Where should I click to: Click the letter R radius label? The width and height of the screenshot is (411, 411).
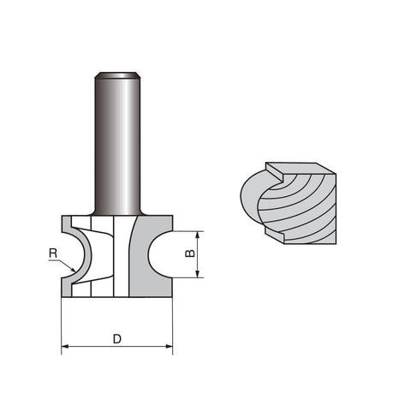(x=53, y=253)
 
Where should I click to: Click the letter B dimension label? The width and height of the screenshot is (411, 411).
(x=190, y=253)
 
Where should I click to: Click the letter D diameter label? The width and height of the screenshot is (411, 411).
(x=117, y=339)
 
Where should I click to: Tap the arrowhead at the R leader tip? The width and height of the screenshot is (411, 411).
(x=73, y=269)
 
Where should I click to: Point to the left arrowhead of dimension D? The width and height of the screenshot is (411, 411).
(x=65, y=347)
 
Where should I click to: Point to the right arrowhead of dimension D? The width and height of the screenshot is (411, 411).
(x=169, y=347)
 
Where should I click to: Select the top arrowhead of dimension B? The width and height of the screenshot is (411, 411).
(x=197, y=235)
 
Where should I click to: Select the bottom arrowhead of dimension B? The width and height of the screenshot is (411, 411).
(x=197, y=274)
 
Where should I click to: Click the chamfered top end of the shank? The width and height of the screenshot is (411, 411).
(x=117, y=75)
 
